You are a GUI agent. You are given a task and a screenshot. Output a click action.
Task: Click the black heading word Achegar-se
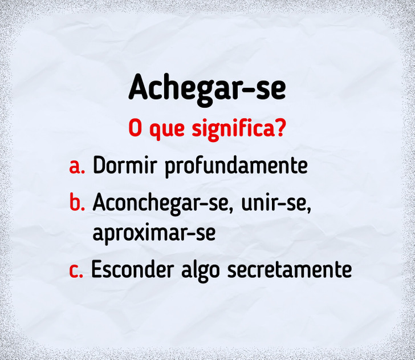(207, 90)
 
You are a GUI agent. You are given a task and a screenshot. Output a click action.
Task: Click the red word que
(167, 131)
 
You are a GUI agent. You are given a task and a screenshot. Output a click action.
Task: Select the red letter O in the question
(135, 128)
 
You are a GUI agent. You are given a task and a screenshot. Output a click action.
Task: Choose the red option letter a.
(77, 167)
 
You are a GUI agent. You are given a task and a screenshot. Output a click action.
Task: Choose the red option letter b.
(77, 202)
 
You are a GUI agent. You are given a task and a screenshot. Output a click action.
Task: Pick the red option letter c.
(76, 271)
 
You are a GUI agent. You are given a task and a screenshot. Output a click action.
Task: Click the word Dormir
(125, 165)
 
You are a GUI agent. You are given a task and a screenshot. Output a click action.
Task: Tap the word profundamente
(237, 167)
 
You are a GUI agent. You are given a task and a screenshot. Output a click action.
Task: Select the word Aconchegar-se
(160, 203)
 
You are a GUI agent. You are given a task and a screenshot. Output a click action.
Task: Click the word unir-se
(274, 203)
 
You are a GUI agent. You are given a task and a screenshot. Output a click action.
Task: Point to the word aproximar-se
(154, 234)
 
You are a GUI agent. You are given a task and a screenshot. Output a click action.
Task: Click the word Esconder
(133, 269)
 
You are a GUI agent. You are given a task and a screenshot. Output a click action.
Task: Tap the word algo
(200, 271)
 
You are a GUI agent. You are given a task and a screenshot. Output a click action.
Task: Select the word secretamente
(290, 270)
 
